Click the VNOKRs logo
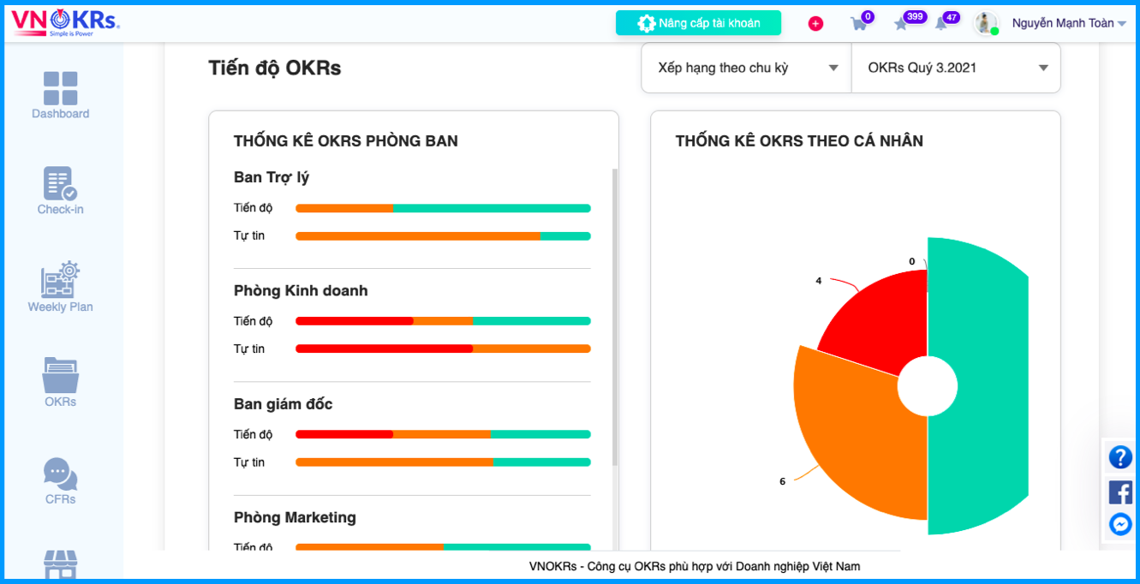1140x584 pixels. click(x=65, y=22)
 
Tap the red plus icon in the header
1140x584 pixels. click(x=815, y=23)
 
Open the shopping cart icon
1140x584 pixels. click(x=859, y=23)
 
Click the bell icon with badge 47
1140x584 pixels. click(x=941, y=23)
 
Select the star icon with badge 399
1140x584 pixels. click(x=901, y=24)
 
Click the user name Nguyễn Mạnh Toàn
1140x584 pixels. click(x=1063, y=23)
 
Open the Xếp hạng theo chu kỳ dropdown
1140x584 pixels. click(x=746, y=68)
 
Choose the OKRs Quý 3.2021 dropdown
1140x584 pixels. click(x=956, y=68)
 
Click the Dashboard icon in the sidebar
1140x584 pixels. click(x=61, y=88)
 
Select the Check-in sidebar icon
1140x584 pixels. click(x=60, y=183)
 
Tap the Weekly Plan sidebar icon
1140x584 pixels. click(x=60, y=279)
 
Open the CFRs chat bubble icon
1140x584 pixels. click(x=60, y=474)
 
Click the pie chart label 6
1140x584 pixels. click(x=782, y=481)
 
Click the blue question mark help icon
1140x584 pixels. click(x=1120, y=457)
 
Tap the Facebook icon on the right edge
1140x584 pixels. click(x=1120, y=492)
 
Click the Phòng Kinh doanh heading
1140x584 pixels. click(x=301, y=290)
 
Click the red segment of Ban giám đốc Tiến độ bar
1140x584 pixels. click(x=344, y=434)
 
